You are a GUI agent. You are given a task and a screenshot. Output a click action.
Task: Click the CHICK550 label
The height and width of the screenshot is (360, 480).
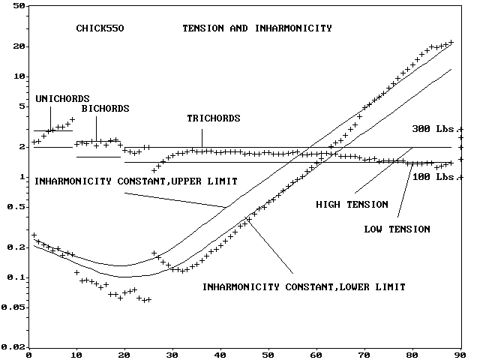click(100, 28)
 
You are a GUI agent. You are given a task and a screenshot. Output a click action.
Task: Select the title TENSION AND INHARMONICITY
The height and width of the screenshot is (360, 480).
click(257, 28)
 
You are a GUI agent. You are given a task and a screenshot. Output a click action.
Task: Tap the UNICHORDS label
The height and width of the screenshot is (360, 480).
click(62, 98)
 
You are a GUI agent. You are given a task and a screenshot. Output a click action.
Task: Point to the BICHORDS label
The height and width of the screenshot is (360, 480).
click(105, 109)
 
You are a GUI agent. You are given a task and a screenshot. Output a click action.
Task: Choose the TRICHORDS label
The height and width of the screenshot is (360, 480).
click(214, 118)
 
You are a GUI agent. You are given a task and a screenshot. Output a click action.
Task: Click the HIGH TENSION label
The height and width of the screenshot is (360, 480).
click(352, 204)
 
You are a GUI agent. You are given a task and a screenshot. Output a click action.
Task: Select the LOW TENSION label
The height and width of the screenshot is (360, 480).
click(397, 229)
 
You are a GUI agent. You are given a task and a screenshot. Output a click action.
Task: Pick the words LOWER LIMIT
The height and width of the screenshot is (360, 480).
click(375, 286)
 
